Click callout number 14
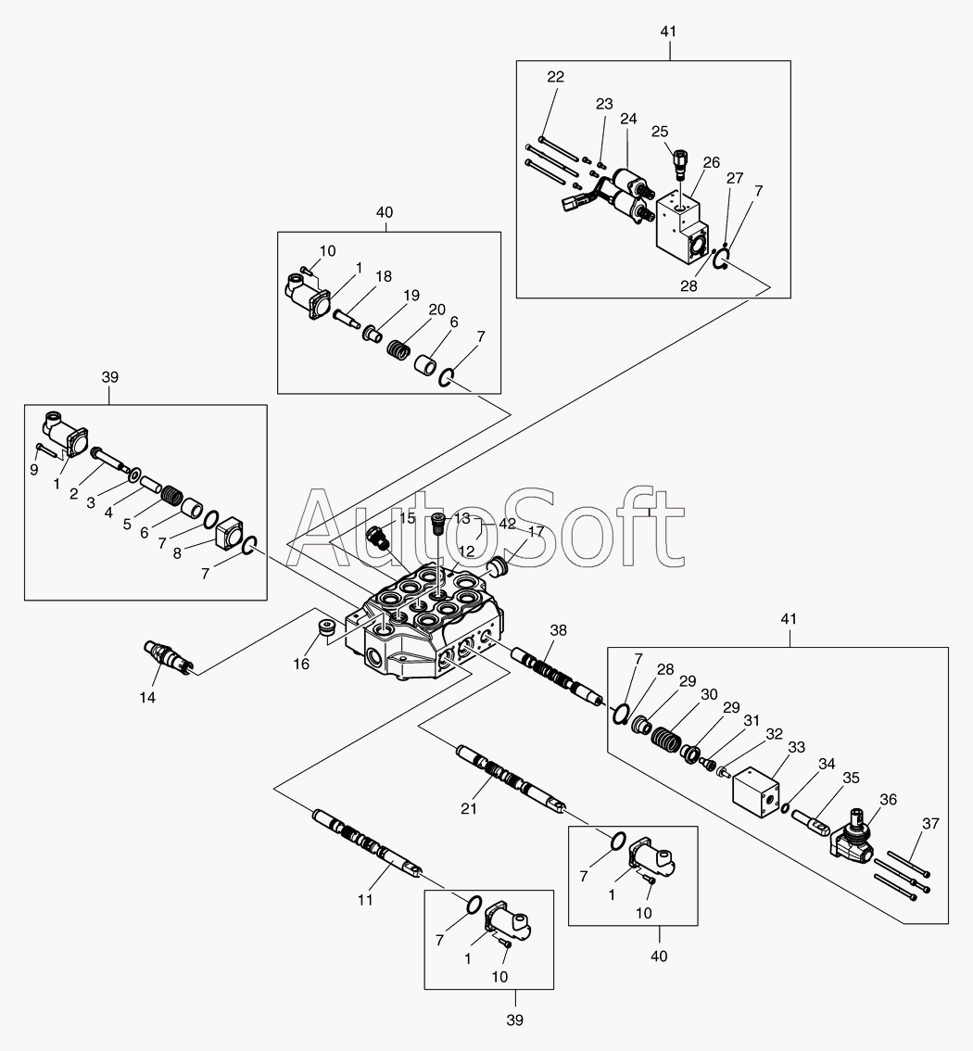(x=148, y=697)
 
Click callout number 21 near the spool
(x=469, y=809)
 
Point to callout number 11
(x=366, y=899)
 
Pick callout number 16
(x=301, y=664)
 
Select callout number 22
(x=555, y=77)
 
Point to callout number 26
(x=711, y=162)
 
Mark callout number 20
(x=436, y=310)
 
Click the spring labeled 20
(x=397, y=351)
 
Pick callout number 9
(x=34, y=470)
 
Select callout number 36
(x=888, y=799)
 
